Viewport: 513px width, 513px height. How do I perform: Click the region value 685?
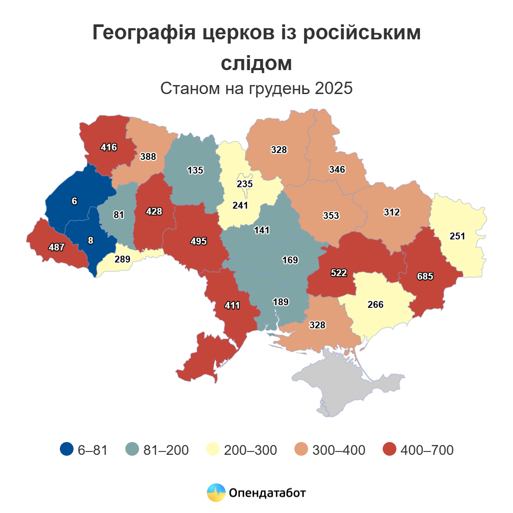pos(425,276)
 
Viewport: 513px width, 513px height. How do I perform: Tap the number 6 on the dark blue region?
pos(74,201)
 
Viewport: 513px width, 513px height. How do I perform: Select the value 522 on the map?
pos(339,273)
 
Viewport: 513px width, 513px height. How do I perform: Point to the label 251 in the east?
pos(457,236)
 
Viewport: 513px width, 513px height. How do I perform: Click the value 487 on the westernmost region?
pos(56,247)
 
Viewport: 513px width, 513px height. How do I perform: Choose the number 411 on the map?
pos(232,305)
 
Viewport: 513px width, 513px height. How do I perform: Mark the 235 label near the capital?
pos(245,184)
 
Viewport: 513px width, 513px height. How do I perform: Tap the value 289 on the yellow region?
pos(122,259)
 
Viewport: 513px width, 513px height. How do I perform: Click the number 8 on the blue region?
pos(90,240)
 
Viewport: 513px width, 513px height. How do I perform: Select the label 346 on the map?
pos(337,169)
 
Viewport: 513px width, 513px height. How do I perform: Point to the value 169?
pos(290,260)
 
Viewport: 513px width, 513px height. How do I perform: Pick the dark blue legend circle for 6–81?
pos(67,449)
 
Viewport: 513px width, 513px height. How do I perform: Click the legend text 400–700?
pos(427,450)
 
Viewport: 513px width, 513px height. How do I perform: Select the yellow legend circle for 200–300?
pos(213,449)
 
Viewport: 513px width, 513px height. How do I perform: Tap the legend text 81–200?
pos(166,450)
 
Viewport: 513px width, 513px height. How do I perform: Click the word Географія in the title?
pos(144,32)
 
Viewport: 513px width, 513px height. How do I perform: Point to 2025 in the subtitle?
pos(334,88)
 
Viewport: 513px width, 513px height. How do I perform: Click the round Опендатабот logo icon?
pos(216,492)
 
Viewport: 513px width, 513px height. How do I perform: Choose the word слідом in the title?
pos(256,63)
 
